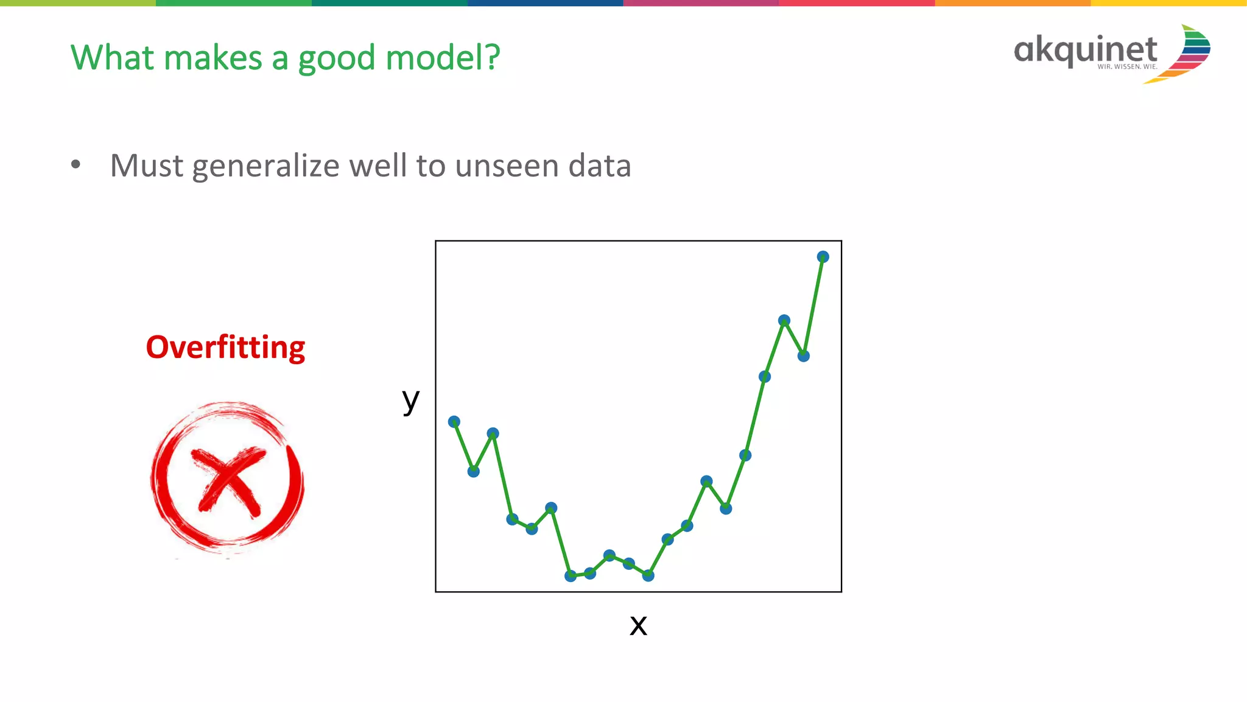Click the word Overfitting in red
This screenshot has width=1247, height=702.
tap(225, 348)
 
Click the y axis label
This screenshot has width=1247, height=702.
tap(411, 400)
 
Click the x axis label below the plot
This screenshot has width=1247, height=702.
tap(638, 625)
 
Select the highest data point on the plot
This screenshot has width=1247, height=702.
tap(823, 257)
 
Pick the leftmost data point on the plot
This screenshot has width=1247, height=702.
tap(454, 421)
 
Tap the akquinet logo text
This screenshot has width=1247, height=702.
tap(1085, 49)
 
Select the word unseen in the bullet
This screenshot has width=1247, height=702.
tap(507, 166)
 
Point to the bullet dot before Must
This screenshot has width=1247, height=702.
tap(76, 164)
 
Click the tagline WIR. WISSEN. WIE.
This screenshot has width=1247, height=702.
tap(1127, 67)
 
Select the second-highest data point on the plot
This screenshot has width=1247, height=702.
tap(784, 320)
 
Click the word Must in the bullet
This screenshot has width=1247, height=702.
tap(146, 166)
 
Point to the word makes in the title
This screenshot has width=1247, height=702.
tap(213, 58)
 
